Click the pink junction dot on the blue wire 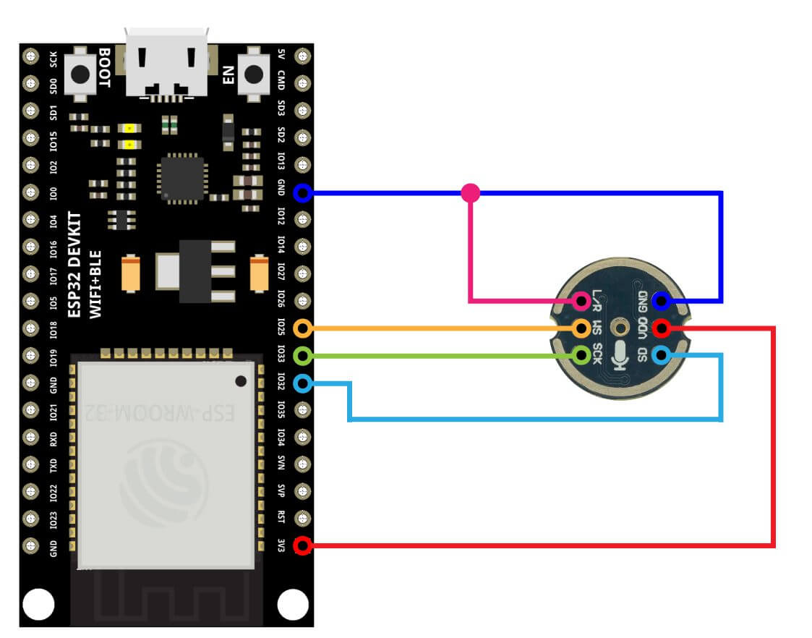[x=470, y=192]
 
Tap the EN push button [x=253, y=74]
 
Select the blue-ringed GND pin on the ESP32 [x=304, y=193]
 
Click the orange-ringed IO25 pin [x=304, y=328]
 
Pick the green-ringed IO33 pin [x=304, y=356]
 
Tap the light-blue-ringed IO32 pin [x=304, y=383]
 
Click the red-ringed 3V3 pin [x=304, y=545]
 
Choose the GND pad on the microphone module [x=660, y=301]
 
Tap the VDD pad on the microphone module [x=660, y=328]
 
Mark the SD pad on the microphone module [x=660, y=355]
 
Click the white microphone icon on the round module [x=620, y=354]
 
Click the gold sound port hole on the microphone [x=620, y=327]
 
